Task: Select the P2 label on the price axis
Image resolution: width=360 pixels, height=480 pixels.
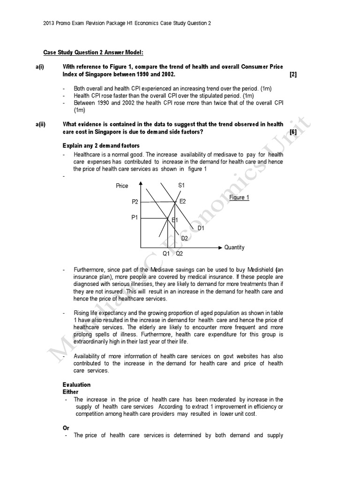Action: coord(135,202)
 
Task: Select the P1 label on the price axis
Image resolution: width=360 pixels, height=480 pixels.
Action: coord(135,217)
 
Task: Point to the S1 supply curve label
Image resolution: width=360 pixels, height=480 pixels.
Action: coord(182,186)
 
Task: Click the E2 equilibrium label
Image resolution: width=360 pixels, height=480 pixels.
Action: coord(183,201)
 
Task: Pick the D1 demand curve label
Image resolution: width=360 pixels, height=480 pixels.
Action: coord(201,228)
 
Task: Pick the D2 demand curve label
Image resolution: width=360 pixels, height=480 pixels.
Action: coord(184,238)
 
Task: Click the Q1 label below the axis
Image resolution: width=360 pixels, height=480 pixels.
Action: coord(166,254)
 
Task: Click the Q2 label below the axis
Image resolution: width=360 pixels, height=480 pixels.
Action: coord(180,254)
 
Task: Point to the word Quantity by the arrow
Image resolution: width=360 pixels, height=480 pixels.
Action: coord(234,247)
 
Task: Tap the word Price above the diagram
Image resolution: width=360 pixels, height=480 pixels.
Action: coord(122,186)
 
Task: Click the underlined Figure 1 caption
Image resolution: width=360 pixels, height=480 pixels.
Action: coord(239,198)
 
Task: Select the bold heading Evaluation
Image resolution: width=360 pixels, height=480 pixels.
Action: coord(76,385)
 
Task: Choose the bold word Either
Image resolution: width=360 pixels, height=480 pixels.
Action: coord(70,392)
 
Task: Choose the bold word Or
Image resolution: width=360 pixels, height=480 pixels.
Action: coord(66,428)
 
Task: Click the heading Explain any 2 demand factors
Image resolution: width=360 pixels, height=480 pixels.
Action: coord(100,145)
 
